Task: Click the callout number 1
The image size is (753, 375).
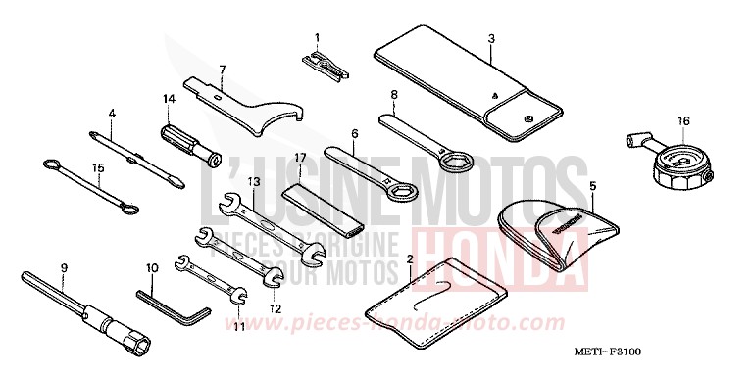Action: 317,38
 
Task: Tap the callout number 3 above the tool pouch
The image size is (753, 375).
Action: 491,39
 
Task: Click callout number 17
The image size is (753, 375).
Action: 300,157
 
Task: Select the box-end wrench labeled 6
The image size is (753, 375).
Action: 368,170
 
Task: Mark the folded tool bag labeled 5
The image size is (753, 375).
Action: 553,228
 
